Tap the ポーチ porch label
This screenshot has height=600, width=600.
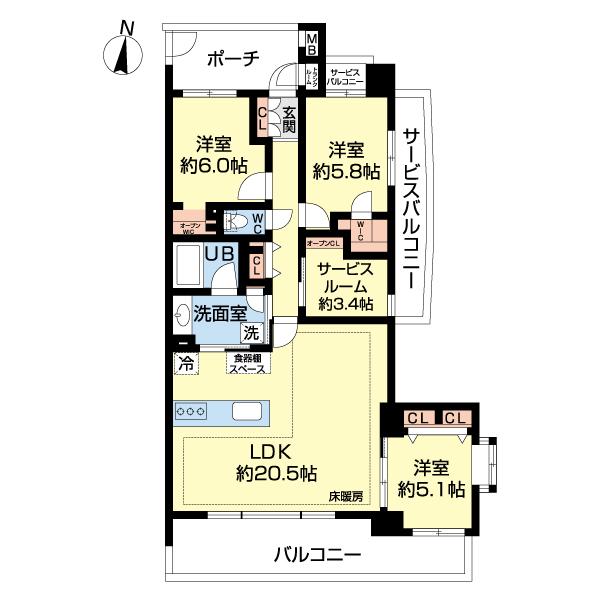[233, 58]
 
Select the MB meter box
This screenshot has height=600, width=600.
[312, 45]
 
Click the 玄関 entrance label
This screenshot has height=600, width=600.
[289, 119]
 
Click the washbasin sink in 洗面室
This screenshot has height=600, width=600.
[183, 316]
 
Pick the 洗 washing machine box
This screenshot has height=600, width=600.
[253, 332]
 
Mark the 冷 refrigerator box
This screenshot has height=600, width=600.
[184, 362]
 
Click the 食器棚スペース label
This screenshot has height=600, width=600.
[247, 363]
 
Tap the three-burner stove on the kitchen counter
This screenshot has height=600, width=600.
[191, 411]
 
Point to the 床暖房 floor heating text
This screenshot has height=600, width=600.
[345, 497]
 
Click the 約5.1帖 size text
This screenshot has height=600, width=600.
[430, 489]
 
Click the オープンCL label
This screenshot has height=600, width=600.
[323, 243]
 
